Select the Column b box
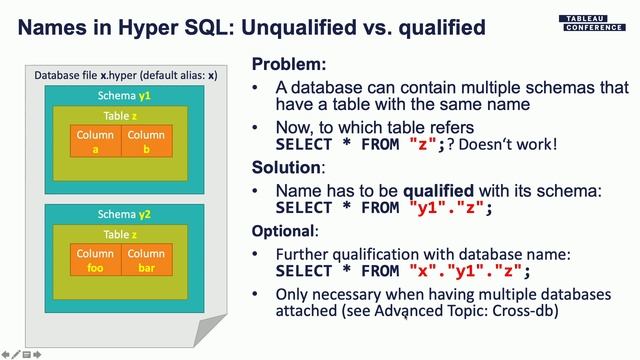tap(146, 142)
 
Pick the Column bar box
tap(146, 260)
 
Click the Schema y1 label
tap(125, 96)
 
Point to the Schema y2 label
tap(125, 214)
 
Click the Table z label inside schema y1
tap(121, 116)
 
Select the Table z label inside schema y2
tap(121, 234)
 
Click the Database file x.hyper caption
tap(125, 75)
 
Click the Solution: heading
tap(287, 166)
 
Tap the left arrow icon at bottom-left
tap(6, 354)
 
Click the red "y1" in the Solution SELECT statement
tap(428, 208)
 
